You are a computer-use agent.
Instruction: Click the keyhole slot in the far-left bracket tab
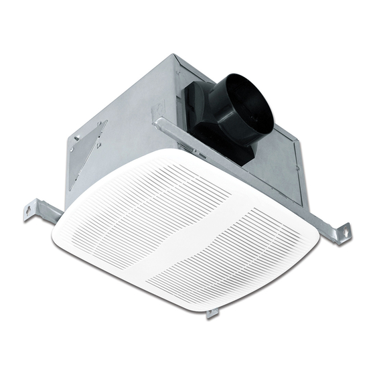(30, 210)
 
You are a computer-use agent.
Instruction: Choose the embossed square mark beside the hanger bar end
(155, 110)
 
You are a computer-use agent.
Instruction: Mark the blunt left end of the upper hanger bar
(157, 123)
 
